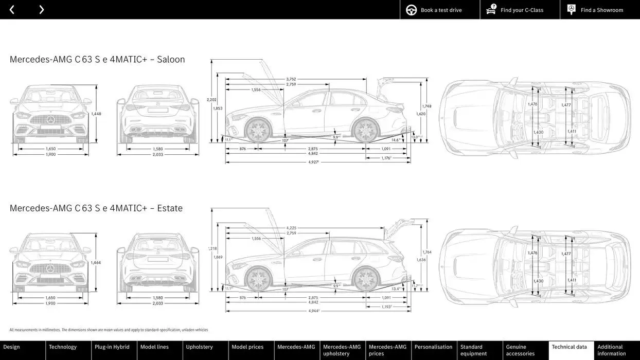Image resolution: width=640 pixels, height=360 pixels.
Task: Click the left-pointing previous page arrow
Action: tap(12, 10)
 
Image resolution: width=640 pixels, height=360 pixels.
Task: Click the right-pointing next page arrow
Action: tap(42, 10)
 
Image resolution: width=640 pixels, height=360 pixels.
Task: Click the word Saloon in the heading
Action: tap(171, 59)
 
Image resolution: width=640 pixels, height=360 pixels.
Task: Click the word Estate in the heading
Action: tap(170, 208)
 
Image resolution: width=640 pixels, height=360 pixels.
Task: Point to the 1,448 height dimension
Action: tap(96, 114)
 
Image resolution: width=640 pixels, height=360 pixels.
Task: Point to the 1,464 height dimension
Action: tap(96, 263)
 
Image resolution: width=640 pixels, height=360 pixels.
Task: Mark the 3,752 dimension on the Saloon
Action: tap(291, 79)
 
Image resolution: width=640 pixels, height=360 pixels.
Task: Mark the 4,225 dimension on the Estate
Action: tap(291, 228)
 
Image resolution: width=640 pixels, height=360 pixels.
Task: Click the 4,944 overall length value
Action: tap(314, 311)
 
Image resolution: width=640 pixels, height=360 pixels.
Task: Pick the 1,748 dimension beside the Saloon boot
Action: tap(427, 106)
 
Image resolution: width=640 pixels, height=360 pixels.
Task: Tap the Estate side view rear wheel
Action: tap(366, 279)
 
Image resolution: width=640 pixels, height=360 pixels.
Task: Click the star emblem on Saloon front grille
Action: tap(50, 120)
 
